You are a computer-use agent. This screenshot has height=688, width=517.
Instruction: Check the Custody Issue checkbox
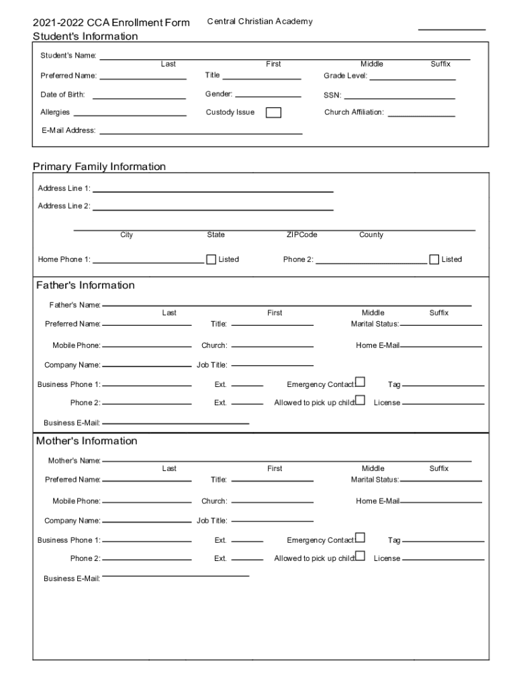(x=273, y=113)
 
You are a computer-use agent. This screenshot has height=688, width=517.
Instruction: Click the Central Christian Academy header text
(x=259, y=21)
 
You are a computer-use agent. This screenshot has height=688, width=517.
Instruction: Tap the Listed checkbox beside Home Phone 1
(x=211, y=259)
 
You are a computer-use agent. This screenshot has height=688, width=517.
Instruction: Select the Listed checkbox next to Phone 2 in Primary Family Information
(x=434, y=259)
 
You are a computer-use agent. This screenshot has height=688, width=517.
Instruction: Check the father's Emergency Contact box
(x=361, y=382)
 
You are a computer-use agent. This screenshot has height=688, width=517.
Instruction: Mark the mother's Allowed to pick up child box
(x=361, y=556)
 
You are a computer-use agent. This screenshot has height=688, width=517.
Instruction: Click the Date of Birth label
(x=62, y=95)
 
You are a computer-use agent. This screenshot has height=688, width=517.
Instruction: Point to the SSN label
(x=332, y=95)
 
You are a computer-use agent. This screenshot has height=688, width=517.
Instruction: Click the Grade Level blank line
(x=412, y=80)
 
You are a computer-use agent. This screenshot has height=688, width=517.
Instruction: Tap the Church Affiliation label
(x=354, y=112)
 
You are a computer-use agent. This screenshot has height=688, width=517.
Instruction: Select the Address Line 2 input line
(x=213, y=210)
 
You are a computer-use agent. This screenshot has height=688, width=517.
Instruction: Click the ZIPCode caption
(x=301, y=235)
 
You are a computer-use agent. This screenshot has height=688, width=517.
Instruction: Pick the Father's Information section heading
(x=85, y=286)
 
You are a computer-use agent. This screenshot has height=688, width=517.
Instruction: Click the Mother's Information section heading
(x=86, y=441)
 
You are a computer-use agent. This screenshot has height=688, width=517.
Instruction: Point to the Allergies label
(x=55, y=112)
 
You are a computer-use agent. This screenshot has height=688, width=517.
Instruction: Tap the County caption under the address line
(x=371, y=235)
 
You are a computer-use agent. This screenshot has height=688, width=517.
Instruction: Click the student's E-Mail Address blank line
(x=201, y=133)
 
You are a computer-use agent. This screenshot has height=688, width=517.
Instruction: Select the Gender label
(x=219, y=94)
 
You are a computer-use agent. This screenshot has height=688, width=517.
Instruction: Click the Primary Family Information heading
(x=99, y=167)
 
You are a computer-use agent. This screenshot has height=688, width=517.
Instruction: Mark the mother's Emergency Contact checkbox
(x=361, y=537)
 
